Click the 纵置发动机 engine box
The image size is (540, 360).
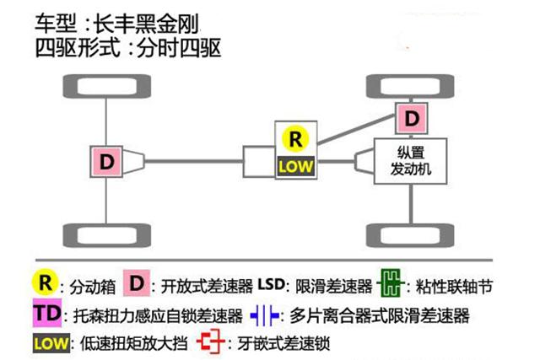(411, 160)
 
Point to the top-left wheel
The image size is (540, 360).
(105, 87)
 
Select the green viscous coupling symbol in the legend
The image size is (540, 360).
(389, 284)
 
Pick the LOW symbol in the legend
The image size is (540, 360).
(51, 343)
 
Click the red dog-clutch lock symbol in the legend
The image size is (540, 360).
(207, 343)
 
